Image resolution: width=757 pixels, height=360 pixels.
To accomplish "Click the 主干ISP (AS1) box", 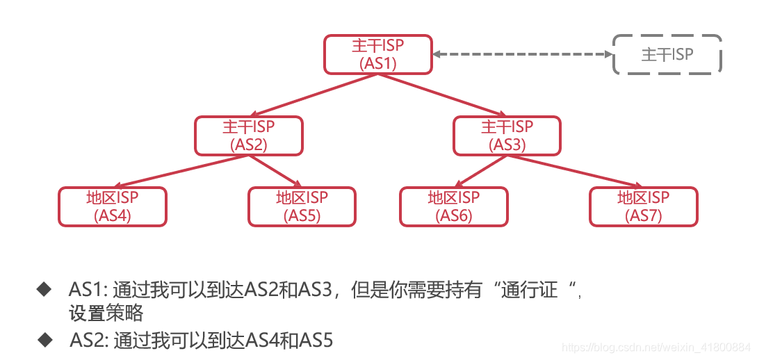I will [x=378, y=54].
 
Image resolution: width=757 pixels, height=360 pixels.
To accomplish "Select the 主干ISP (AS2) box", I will [x=249, y=136].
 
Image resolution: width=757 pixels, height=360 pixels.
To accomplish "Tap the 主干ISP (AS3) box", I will [x=507, y=136].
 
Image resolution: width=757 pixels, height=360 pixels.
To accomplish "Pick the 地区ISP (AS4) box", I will [x=113, y=206].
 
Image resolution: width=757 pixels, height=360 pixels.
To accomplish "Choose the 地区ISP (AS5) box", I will [x=302, y=206].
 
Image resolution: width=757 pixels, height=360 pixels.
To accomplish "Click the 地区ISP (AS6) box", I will [x=453, y=206].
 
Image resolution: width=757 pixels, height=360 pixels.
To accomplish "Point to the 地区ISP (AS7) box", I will [x=643, y=206].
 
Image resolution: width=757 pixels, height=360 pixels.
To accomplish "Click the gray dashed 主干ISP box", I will [x=667, y=54].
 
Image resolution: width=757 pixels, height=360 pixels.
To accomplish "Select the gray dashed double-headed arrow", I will [x=522, y=54].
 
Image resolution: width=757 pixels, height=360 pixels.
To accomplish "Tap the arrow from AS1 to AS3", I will [x=442, y=94].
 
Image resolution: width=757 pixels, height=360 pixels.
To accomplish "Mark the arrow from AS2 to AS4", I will [x=181, y=171].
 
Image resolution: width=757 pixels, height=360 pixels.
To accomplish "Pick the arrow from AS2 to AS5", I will [x=275, y=171].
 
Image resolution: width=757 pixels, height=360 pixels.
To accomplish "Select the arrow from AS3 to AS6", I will [x=480, y=171].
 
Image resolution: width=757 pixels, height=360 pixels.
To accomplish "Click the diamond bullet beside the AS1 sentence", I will [x=44, y=288].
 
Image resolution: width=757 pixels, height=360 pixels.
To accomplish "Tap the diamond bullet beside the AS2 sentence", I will [x=46, y=339].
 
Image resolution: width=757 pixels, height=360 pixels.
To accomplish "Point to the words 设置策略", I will [x=106, y=313].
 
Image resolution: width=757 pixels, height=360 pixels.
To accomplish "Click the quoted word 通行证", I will [x=530, y=289].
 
